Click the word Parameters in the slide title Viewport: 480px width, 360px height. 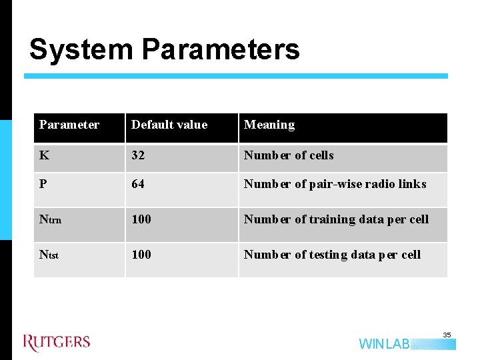pyautogui.click(x=221, y=50)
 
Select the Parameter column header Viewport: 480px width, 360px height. pyautogui.click(x=69, y=125)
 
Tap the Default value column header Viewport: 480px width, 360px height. pyautogui.click(x=169, y=125)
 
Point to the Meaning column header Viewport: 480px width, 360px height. pyautogui.click(x=269, y=125)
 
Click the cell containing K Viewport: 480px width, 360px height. pyautogui.click(x=44, y=155)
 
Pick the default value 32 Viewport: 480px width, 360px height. pyautogui.click(x=139, y=155)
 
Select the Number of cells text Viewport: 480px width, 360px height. pyautogui.click(x=289, y=155)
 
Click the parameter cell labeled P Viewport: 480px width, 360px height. pyautogui.click(x=43, y=184)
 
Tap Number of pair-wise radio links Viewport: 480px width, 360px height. pyautogui.click(x=335, y=184)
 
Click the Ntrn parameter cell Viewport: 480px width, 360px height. pyautogui.click(x=51, y=219)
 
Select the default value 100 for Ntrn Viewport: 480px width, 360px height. pyautogui.click(x=141, y=219)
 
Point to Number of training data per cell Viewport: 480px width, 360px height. pyautogui.click(x=336, y=219)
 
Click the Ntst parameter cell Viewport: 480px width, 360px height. pyautogui.click(x=49, y=255)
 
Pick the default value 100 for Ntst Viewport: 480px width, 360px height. pyautogui.click(x=141, y=255)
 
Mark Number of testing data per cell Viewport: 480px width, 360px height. pyautogui.click(x=332, y=255)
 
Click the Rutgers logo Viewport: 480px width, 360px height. pyautogui.click(x=57, y=343)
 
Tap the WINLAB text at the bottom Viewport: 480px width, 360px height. pyautogui.click(x=385, y=344)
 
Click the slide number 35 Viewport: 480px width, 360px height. pyautogui.click(x=447, y=335)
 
